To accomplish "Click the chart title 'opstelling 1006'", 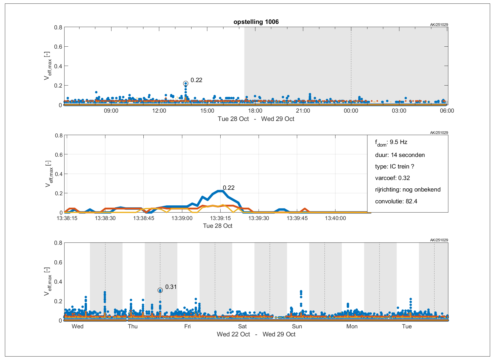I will (256, 22).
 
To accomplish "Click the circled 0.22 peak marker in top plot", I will (186, 84).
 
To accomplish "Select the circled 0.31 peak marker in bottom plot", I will (160, 290).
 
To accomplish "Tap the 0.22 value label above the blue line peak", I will (229, 188).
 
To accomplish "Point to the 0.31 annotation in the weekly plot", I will (171, 287).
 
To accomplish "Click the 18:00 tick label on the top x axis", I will (255, 111).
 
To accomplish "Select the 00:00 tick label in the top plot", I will (351, 111).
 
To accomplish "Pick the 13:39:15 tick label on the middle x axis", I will (220, 218).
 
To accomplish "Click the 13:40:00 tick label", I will (335, 218).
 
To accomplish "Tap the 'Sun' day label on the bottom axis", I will (297, 326).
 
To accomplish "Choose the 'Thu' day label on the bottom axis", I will (133, 326).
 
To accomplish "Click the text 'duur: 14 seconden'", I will (400, 155).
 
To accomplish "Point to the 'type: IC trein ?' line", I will (395, 166).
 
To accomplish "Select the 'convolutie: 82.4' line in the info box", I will (396, 201).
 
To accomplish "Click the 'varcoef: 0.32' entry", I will (392, 178).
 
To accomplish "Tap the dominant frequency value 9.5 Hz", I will (398, 142).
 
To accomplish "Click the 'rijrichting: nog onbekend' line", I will (407, 190).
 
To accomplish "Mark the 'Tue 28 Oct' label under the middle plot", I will (217, 226).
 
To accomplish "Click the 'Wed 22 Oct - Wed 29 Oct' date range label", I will (256, 334).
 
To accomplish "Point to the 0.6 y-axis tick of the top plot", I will (58, 47).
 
